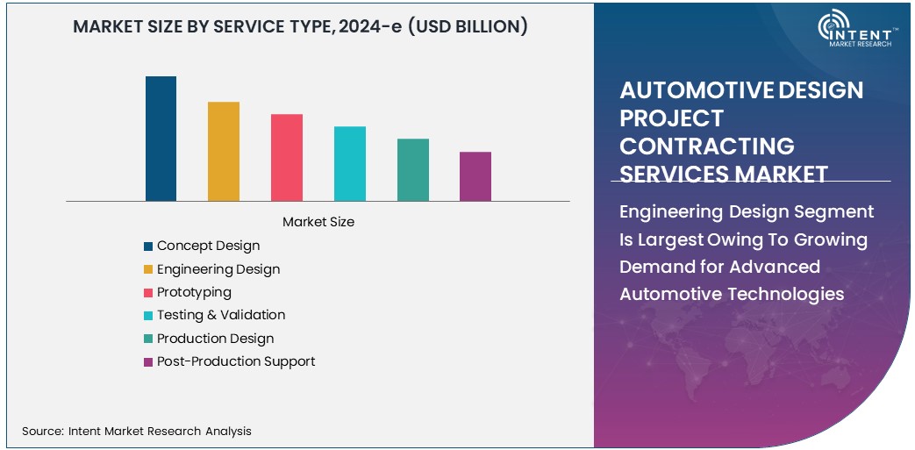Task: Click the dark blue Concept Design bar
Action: (161, 139)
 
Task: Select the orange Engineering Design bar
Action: (224, 152)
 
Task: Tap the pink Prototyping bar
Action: (287, 158)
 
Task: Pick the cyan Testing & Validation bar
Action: (350, 164)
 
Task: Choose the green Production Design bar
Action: (413, 170)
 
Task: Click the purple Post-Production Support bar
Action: (475, 176)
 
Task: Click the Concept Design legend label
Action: (208, 246)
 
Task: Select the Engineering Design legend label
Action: (218, 269)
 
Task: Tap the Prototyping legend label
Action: (194, 292)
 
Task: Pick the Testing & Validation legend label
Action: (221, 315)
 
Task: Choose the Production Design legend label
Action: (215, 339)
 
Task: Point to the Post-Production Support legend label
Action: (236, 361)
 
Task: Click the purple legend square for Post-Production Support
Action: (149, 362)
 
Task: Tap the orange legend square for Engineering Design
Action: (149, 270)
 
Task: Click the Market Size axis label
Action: (318, 223)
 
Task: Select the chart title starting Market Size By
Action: (300, 27)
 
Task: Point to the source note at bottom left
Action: (137, 431)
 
